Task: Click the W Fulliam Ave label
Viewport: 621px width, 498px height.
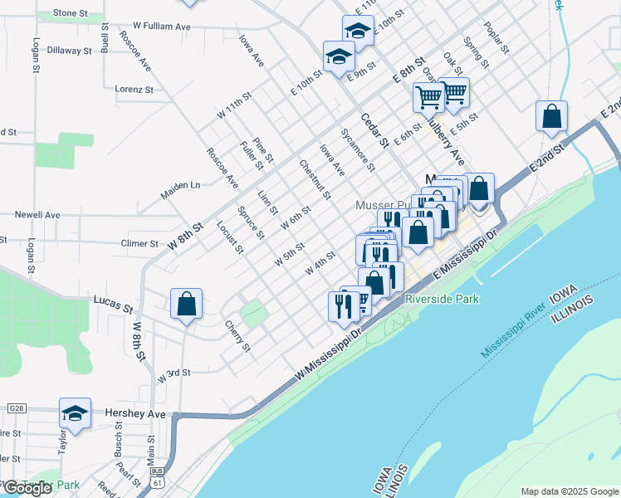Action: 157,27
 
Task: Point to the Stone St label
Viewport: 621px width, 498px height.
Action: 70,13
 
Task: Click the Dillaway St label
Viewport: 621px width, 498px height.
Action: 68,50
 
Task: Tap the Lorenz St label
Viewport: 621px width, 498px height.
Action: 134,89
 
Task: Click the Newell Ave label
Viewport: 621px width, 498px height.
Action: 37,214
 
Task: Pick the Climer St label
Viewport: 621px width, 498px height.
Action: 139,244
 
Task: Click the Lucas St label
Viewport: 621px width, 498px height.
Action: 114,303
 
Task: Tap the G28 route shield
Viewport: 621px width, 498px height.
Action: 15,409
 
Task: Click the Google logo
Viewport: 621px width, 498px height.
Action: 27,488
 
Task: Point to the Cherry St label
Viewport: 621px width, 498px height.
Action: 237,336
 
